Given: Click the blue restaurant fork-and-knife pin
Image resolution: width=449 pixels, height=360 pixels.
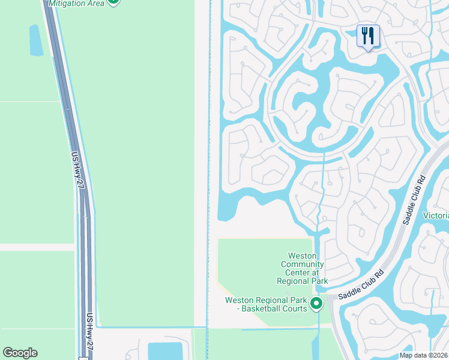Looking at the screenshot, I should [368, 35].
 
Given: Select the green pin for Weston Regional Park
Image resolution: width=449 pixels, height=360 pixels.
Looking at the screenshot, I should [316, 304].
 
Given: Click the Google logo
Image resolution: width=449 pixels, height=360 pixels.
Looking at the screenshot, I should [20, 353].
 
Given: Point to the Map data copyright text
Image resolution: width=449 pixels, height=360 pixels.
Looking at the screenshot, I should [424, 355].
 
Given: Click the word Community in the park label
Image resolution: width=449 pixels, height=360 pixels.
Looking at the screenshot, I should [303, 265].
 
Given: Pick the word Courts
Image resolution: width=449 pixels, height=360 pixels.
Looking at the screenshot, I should [295, 309].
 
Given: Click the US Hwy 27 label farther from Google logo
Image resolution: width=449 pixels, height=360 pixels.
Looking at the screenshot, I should [77, 170].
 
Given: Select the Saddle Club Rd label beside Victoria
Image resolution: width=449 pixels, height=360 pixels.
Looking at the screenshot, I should [413, 199].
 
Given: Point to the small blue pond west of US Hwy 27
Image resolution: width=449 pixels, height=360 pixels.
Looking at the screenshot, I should [36, 41].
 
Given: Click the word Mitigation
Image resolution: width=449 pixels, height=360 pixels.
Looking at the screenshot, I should [67, 3].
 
